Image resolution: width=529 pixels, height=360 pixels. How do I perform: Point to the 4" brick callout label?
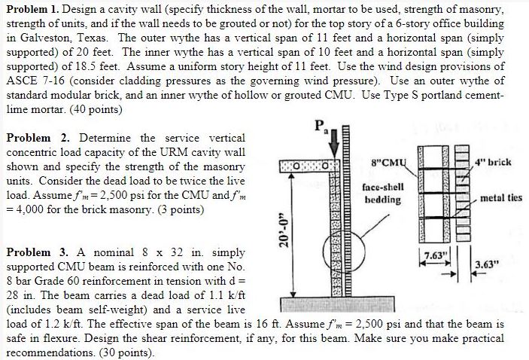[494, 162]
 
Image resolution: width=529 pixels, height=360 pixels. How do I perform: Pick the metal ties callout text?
[501, 198]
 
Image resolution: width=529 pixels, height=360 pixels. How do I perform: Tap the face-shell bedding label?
[383, 193]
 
